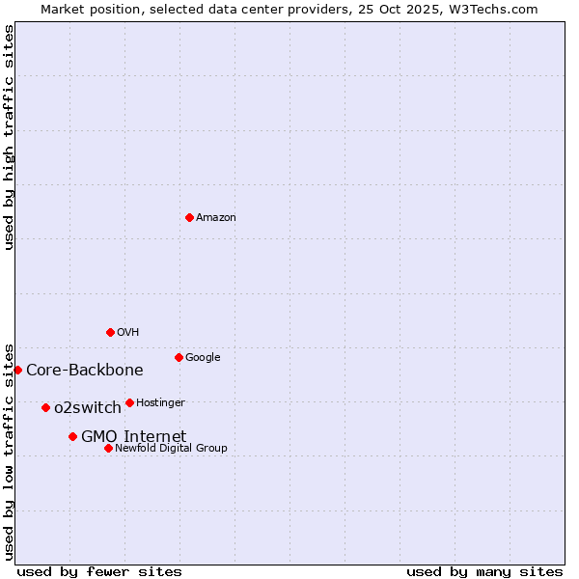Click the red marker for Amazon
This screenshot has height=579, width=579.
[x=189, y=217]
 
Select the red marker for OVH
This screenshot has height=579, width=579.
[x=110, y=332]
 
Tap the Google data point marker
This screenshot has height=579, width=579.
[x=179, y=357]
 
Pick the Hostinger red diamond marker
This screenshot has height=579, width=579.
[x=129, y=402]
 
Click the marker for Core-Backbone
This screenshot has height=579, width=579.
[x=17, y=370]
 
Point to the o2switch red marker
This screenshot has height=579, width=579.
[x=45, y=407]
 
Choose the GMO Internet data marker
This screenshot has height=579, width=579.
[x=72, y=436]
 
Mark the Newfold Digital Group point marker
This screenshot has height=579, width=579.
[x=108, y=448]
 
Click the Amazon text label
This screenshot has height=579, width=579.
[x=216, y=218]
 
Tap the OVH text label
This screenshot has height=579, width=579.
[x=128, y=333]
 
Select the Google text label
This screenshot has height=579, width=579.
[x=203, y=358]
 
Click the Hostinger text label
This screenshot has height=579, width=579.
[x=160, y=403]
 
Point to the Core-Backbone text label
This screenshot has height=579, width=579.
[x=85, y=371]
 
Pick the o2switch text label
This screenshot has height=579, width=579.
[x=88, y=408]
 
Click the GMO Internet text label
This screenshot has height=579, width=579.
[x=133, y=437]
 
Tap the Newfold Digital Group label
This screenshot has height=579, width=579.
[x=171, y=449]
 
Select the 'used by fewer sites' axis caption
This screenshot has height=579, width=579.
[x=99, y=571]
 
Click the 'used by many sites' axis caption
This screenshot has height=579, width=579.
[x=484, y=571]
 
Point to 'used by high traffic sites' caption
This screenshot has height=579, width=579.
[x=10, y=137]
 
